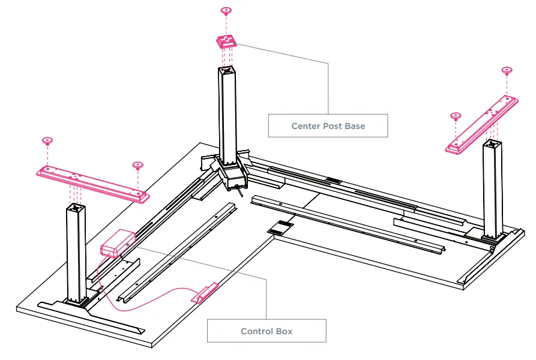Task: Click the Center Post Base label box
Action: [328, 126]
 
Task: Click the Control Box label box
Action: [266, 331]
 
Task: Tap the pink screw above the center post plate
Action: [226, 11]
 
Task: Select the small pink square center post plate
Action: [226, 41]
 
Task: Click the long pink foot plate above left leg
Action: [92, 182]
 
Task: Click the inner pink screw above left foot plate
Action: [137, 164]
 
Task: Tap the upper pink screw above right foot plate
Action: [507, 70]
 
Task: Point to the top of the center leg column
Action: [226, 71]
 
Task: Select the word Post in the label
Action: [330, 126]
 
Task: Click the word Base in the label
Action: [353, 126]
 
